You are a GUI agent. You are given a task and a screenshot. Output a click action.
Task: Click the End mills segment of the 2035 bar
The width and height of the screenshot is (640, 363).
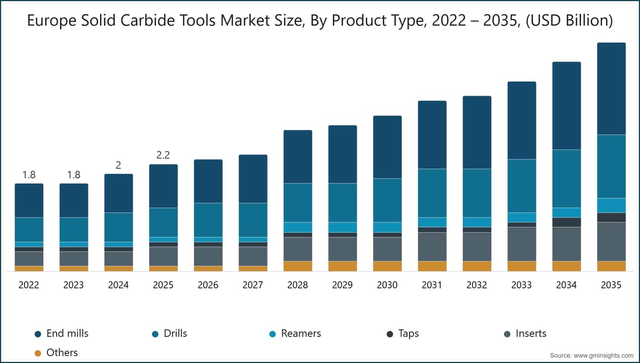coord(611,89)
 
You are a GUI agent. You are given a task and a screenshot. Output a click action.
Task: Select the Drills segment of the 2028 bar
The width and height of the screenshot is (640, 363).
coord(298,202)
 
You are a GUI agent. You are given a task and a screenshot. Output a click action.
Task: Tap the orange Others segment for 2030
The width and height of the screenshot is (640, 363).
coord(387,266)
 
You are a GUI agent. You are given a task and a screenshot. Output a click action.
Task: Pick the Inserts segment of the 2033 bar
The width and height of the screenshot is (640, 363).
coord(522,244)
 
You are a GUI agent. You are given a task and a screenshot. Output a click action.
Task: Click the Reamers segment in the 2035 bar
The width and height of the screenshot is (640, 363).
coord(611,206)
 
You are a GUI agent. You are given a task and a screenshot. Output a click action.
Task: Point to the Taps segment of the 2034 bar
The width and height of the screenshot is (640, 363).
coord(566,222)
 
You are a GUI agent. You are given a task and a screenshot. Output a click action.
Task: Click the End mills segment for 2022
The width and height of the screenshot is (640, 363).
coord(29,200)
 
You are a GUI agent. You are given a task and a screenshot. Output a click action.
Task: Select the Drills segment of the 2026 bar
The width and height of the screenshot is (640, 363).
coord(208,220)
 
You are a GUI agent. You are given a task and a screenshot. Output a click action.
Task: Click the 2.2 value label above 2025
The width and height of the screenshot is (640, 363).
coord(163,155)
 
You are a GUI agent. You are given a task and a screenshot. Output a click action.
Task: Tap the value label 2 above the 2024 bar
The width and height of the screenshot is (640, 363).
coord(118,165)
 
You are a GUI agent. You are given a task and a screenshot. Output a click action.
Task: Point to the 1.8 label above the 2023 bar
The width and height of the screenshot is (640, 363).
coord(74,175)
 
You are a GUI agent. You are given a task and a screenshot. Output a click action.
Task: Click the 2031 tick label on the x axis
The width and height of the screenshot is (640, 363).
coord(432,286)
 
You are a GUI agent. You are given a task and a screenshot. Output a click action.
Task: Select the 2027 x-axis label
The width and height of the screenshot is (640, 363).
coord(253,286)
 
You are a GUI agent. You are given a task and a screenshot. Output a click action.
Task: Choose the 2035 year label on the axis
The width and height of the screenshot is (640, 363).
coord(611,286)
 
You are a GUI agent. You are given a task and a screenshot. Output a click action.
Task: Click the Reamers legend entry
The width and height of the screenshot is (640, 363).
coord(301,334)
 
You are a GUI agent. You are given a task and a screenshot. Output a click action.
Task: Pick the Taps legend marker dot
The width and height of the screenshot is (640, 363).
coord(390,334)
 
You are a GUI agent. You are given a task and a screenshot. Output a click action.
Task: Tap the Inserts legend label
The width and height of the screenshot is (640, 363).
coord(531,334)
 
